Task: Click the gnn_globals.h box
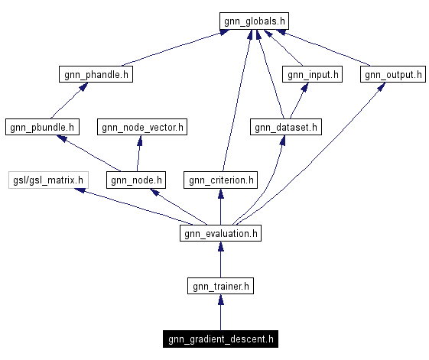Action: point(255,21)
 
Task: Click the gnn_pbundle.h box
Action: point(41,127)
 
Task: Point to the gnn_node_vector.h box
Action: point(141,127)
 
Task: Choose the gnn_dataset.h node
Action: point(285,127)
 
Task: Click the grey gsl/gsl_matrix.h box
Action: point(48,180)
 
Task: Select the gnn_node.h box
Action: point(137,180)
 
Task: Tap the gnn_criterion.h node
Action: point(220,180)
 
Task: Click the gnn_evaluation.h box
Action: point(220,233)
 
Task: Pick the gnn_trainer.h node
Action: point(220,286)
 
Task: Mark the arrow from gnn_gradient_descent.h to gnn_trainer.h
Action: point(220,313)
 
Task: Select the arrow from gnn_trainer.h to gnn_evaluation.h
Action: point(220,260)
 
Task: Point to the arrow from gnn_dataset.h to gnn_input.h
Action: point(299,100)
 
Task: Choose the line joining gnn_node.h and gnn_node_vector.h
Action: point(139,154)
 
